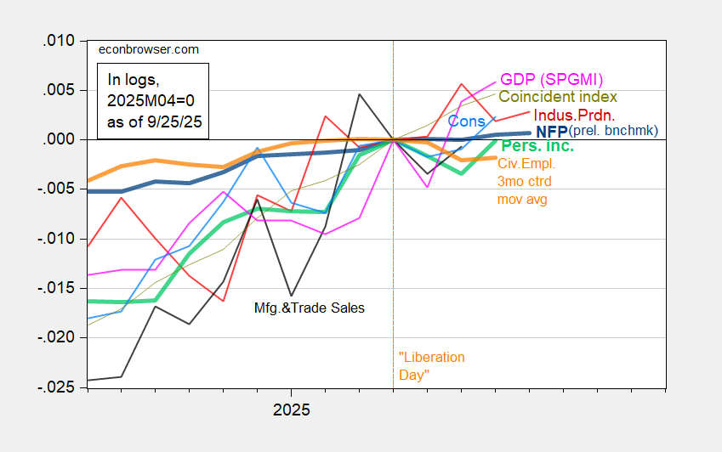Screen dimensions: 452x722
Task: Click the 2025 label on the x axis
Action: coord(291,409)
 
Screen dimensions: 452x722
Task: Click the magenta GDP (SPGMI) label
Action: coord(551,79)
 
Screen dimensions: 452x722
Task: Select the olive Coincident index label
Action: coord(557,98)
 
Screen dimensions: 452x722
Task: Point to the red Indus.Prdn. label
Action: coord(574,115)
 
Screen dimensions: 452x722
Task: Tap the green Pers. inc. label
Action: coord(537,147)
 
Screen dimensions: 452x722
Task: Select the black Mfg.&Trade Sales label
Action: coord(310,308)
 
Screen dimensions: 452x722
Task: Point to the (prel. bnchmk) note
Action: coord(615,132)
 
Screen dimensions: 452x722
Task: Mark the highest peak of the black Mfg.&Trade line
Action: coord(359,94)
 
